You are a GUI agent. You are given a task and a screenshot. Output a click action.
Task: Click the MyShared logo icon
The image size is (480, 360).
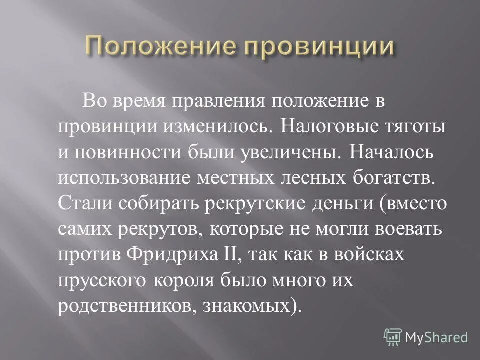(393, 337)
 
